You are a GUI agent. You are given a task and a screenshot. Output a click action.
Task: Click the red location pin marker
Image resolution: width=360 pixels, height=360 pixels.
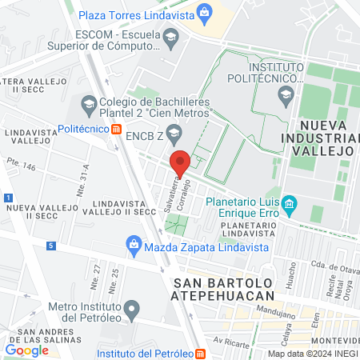[x=181, y=162]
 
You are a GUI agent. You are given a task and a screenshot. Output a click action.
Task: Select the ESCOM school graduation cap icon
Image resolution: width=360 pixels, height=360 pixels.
[x=170, y=37]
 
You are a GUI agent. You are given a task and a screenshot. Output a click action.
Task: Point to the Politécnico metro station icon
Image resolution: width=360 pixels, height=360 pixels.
[x=117, y=128]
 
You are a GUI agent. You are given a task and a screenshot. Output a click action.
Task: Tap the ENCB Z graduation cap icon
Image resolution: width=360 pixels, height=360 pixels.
[x=174, y=135]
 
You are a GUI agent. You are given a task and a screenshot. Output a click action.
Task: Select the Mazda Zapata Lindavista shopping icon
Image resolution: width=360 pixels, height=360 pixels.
[x=133, y=246]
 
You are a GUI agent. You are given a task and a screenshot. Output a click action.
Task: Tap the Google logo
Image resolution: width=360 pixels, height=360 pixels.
[x=27, y=350]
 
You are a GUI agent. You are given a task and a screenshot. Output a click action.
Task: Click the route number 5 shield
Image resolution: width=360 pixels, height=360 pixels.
[x=50, y=246]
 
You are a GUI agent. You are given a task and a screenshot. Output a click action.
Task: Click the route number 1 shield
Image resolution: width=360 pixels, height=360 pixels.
[x=6, y=197]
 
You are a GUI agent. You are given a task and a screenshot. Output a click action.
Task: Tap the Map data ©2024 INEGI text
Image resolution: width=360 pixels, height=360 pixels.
[x=311, y=353]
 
